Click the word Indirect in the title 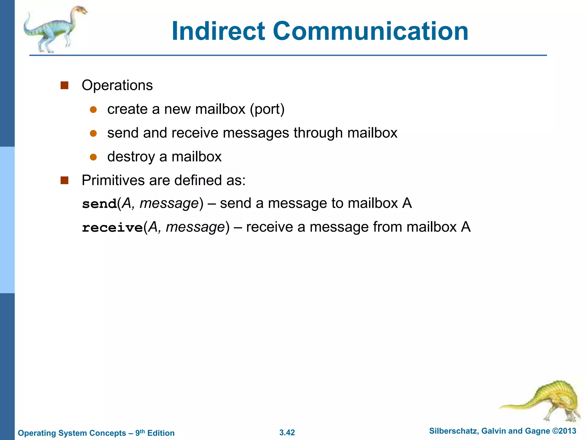point(218,31)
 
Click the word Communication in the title point(371,31)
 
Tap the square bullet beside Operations point(65,85)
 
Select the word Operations point(117,85)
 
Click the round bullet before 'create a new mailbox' point(93,109)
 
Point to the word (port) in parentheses point(267,109)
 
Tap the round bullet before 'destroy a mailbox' point(93,157)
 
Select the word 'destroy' point(131,157)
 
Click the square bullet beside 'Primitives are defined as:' point(65,180)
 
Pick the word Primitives point(113,180)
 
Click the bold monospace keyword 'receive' point(112,228)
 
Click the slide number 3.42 point(287,433)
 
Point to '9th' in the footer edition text point(140,433)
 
